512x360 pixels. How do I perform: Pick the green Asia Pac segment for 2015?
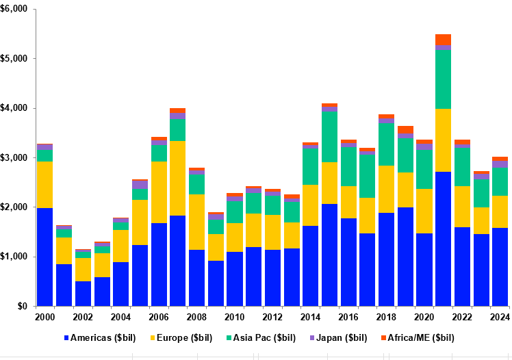pyautogui.click(x=329, y=137)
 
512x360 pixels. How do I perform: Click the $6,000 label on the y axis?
pyautogui.click(x=15, y=9)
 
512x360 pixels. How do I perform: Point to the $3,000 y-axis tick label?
pyautogui.click(x=15, y=157)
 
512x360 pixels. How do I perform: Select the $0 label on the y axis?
pyautogui.click(x=23, y=306)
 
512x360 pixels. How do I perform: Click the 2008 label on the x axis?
pyautogui.click(x=196, y=317)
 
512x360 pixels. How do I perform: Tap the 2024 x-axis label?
pyautogui.click(x=499, y=317)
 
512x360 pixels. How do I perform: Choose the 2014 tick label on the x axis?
pyautogui.click(x=310, y=317)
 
